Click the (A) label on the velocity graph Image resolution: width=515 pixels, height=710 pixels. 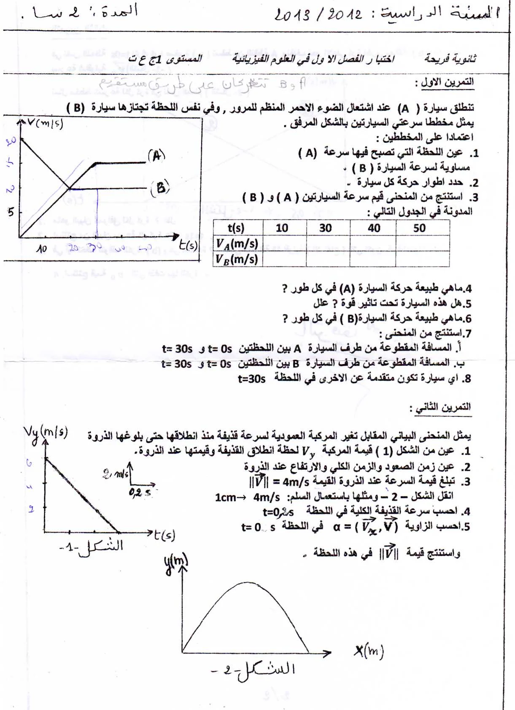coord(156,155)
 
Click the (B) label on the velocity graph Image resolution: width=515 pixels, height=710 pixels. coord(160,188)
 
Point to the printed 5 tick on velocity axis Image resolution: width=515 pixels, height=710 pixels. coord(11,212)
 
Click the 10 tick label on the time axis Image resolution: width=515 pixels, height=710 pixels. coord(41,249)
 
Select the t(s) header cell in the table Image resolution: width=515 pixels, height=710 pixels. coord(236,228)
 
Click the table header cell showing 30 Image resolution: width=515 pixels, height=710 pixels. coord(325,228)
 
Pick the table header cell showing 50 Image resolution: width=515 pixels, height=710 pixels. coord(419,228)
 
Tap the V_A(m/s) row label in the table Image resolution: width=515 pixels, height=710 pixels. coord(237,244)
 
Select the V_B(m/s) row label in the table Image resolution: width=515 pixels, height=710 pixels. coord(237,259)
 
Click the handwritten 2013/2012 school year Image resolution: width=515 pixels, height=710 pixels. coord(318,15)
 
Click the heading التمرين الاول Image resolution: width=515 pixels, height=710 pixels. coord(445,82)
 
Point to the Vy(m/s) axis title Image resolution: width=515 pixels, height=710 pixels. coord(46,433)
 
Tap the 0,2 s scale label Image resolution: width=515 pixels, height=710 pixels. coord(140,492)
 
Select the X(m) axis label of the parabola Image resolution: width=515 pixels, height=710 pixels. coord(369,651)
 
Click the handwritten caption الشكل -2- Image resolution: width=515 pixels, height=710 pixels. coord(253,670)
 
